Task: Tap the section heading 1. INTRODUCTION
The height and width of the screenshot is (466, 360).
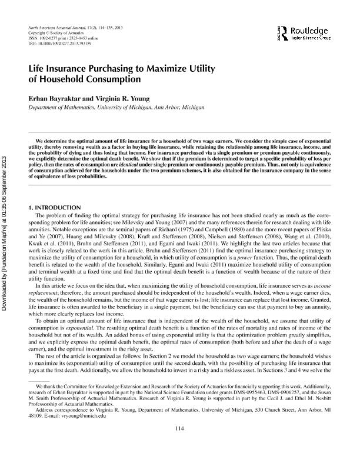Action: (55, 208)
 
